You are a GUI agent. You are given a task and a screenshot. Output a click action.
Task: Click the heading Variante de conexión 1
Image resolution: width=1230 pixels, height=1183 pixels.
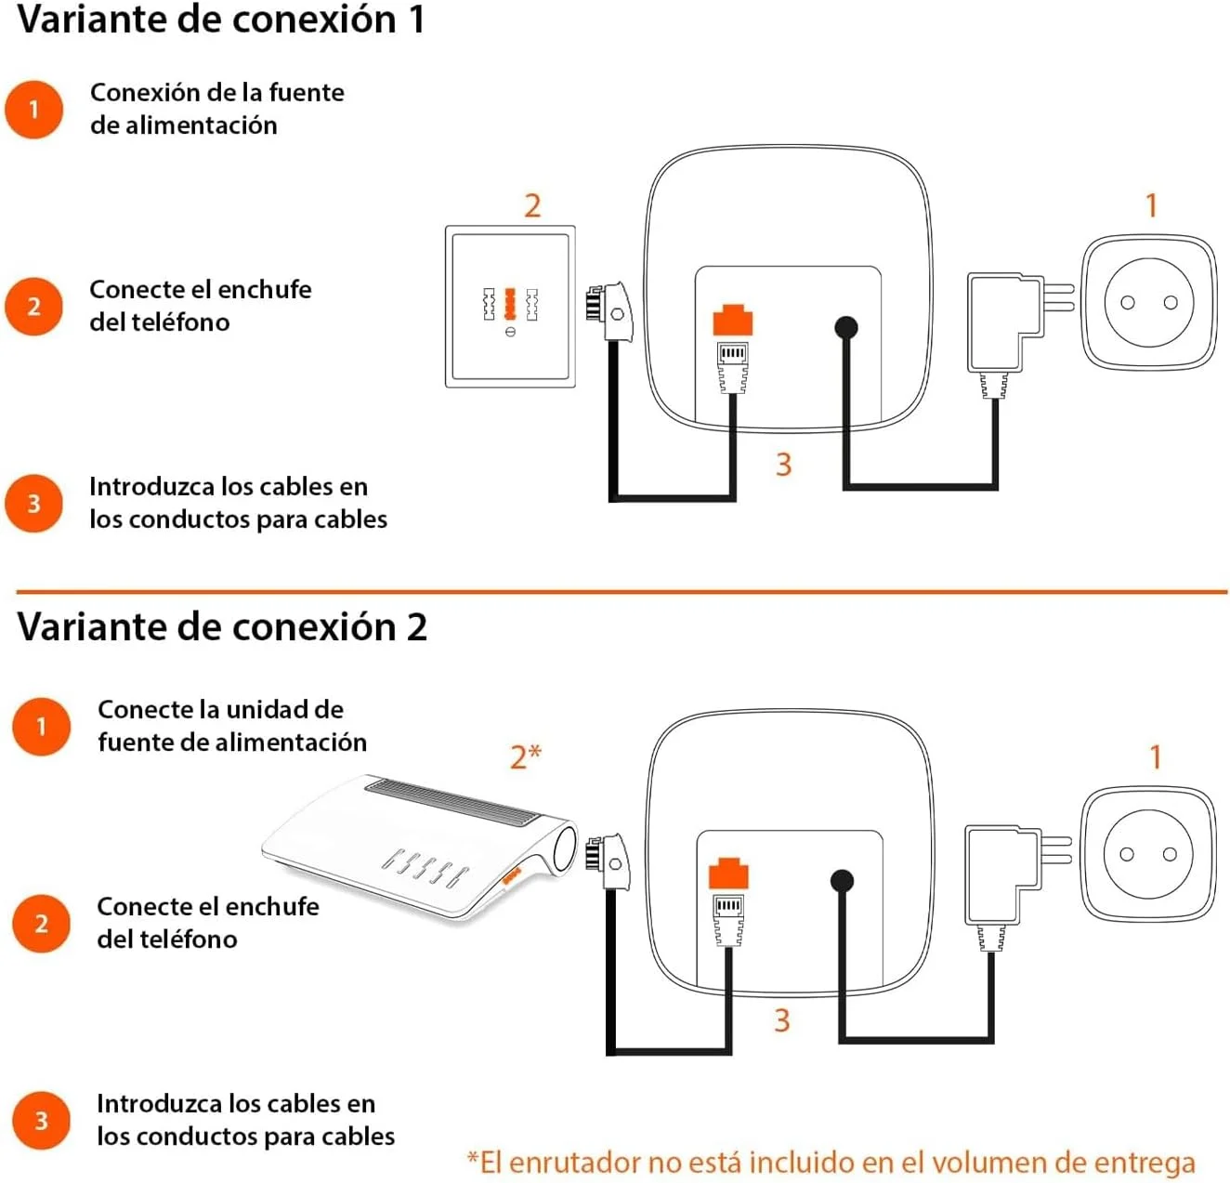(x=221, y=20)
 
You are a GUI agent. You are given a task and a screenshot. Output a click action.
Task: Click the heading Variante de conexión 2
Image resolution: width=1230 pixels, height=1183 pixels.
(x=222, y=627)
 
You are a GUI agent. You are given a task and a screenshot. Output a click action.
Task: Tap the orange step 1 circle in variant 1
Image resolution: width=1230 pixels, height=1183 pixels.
(x=34, y=109)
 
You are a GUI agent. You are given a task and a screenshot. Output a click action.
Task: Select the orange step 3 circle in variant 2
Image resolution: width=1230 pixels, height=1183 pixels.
(x=41, y=1120)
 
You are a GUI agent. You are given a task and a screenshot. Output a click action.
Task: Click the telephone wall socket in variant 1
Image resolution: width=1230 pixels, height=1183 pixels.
(x=510, y=306)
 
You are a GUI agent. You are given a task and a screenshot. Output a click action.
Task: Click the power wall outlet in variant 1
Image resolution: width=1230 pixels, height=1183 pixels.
(x=1149, y=302)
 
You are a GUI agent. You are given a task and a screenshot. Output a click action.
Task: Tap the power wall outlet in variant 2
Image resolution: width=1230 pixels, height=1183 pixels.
(x=1147, y=854)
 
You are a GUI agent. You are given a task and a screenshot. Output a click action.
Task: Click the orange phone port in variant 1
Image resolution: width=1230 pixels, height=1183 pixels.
(x=732, y=320)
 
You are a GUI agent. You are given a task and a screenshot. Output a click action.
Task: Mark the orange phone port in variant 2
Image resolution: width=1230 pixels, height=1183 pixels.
(x=728, y=874)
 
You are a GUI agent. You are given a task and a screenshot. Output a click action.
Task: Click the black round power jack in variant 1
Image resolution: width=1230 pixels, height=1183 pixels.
(x=845, y=327)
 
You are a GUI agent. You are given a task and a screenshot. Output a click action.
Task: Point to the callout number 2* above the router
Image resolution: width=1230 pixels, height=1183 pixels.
(x=525, y=756)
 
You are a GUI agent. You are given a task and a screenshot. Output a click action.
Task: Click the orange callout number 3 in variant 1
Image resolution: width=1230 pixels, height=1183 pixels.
(x=783, y=464)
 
